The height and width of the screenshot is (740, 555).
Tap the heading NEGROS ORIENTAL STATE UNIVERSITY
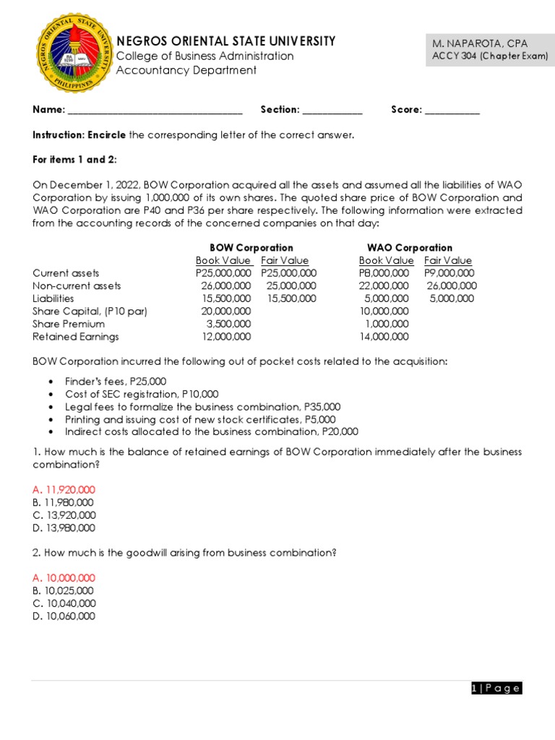(x=225, y=41)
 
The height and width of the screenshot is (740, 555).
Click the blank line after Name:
(x=155, y=111)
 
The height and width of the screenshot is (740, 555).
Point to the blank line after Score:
(x=452, y=111)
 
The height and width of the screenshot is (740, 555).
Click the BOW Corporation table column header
(x=251, y=248)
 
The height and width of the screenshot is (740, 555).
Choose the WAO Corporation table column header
(x=410, y=248)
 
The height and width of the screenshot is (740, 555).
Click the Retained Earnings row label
(x=76, y=337)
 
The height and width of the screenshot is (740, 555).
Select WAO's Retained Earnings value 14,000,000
(x=384, y=337)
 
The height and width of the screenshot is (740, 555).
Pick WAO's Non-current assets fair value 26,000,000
(x=452, y=286)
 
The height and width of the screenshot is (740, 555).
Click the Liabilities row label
(x=53, y=298)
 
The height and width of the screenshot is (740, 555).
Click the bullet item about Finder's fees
(x=116, y=382)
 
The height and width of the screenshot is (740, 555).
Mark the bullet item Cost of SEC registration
(x=142, y=394)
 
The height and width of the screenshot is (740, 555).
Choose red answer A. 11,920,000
(x=64, y=490)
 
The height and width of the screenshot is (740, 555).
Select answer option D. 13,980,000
(x=64, y=528)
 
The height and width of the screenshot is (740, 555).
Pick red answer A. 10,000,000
(x=64, y=578)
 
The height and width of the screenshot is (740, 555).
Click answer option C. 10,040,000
(x=64, y=603)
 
